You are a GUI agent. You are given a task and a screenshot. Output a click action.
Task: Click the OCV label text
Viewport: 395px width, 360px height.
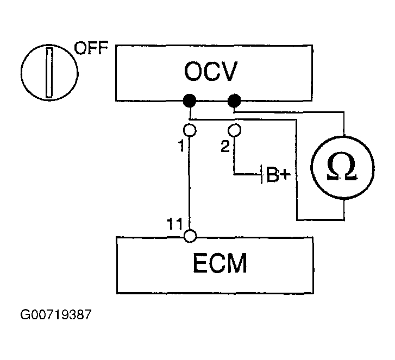point(211,71)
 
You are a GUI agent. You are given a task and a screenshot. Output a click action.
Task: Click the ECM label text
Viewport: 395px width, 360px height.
point(220,263)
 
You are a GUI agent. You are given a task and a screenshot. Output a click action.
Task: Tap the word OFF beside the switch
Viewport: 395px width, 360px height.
point(91,48)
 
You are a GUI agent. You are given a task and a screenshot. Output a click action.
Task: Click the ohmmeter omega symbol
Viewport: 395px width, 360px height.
point(342,167)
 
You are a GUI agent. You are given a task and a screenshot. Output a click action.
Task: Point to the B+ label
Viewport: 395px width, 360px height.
point(278,174)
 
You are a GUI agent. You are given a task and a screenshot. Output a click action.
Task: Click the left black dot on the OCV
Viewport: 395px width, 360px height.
point(190,101)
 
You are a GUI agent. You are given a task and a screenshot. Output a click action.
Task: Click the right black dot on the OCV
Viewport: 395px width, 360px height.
point(234,100)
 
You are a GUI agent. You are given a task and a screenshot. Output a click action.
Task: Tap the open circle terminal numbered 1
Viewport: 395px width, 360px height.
point(190,130)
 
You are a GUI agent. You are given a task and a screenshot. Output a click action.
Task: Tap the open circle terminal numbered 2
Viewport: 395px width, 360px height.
point(234,130)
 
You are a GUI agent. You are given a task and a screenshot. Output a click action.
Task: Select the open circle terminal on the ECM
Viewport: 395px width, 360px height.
point(190,236)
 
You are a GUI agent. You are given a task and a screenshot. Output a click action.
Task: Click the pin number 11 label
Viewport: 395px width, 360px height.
point(174,224)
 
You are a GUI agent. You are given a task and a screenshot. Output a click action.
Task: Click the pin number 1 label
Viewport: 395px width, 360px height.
point(181,146)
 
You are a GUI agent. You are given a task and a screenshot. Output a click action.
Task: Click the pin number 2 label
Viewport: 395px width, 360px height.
point(225,146)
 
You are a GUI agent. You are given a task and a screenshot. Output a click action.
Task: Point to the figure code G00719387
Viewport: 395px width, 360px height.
point(55,314)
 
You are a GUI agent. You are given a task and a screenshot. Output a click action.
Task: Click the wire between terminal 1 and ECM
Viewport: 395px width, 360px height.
point(189,183)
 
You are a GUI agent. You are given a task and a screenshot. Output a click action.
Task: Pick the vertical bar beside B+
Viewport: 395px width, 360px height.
point(262,174)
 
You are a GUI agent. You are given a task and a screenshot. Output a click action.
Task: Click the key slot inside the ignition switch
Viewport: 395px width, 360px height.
point(49,72)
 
